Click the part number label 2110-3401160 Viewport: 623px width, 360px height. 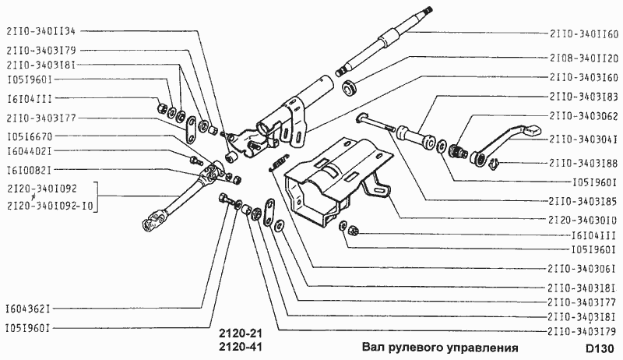[x=583, y=34]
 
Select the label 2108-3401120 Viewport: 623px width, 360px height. [x=583, y=58]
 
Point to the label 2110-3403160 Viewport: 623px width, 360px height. [x=583, y=77]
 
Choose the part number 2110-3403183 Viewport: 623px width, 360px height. [x=583, y=97]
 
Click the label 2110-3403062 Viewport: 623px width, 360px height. [x=583, y=118]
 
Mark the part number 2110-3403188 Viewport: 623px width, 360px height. [x=583, y=163]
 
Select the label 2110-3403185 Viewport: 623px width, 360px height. [x=583, y=200]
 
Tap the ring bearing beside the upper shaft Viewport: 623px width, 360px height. [x=350, y=86]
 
